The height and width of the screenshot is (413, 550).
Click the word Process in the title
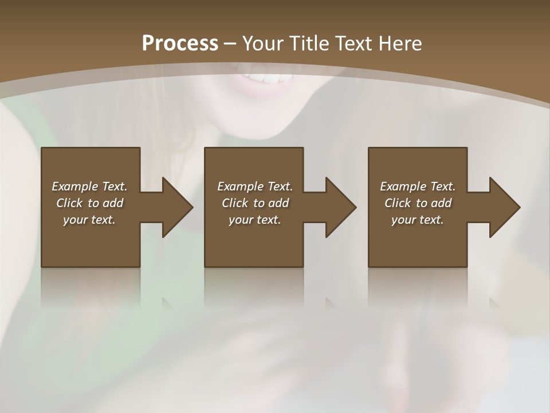pos(180,44)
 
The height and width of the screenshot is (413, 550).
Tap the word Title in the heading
pos(309,44)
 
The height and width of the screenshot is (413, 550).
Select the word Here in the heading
pos(400,44)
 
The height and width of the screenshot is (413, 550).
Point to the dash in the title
pos(230,44)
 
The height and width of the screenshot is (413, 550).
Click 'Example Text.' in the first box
pos(89,186)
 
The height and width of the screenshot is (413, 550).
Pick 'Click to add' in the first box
pos(89,203)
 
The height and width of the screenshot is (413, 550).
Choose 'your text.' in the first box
pos(89,220)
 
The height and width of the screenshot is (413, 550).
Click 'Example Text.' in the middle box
pos(255,186)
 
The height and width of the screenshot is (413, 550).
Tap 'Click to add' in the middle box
pos(255,203)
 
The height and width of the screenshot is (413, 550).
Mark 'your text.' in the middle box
pos(255,220)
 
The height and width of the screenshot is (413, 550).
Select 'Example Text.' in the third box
pos(418,186)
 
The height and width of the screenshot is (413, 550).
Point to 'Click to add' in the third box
pos(418,203)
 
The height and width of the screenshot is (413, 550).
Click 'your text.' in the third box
pos(418,220)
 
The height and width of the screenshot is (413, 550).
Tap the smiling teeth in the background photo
pos(266,78)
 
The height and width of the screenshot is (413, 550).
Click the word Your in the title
pos(262,44)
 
